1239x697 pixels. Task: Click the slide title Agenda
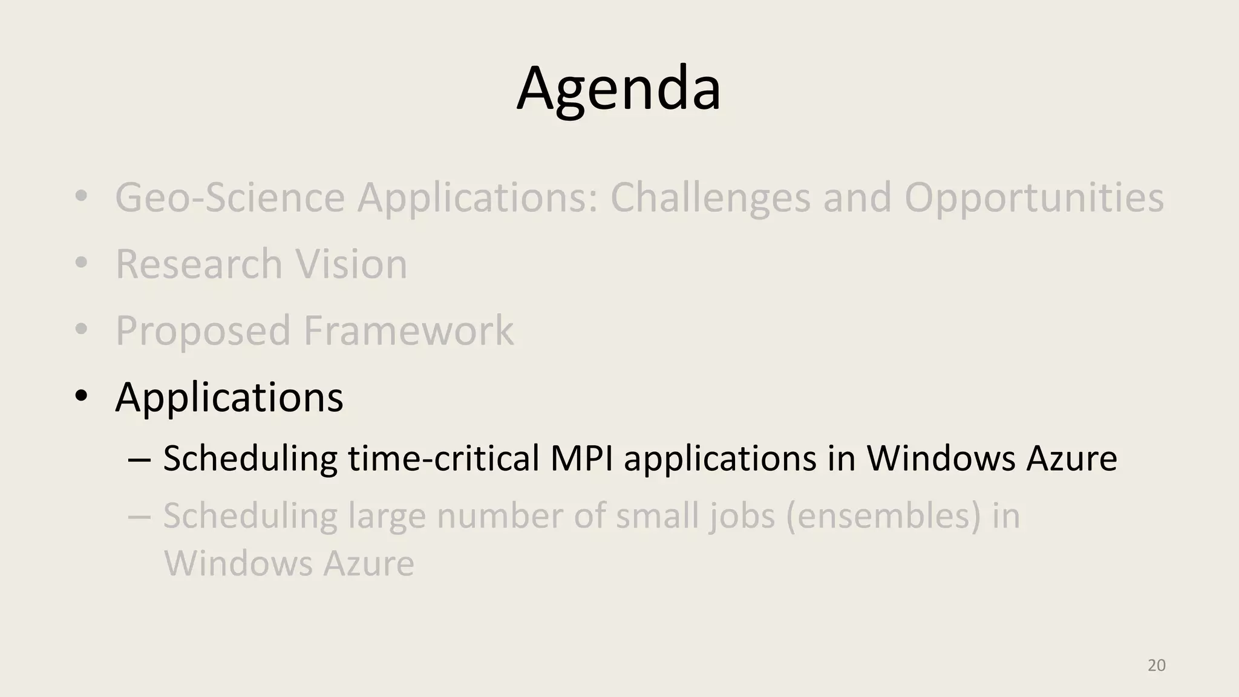618,88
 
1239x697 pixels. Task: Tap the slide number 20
1156,666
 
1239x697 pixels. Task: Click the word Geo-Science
230,198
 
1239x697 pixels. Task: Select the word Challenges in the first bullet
710,198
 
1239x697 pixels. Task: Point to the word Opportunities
1033,198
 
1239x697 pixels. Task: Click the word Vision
351,264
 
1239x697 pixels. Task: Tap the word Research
198,264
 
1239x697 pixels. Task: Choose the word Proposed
203,331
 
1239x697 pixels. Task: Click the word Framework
408,331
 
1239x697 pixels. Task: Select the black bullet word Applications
229,398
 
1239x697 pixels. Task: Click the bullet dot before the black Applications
82,396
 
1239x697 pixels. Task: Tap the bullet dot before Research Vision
82,263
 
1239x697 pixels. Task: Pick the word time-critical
443,458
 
